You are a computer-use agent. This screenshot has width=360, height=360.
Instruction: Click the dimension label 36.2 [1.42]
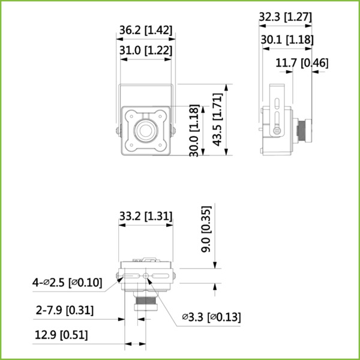click(146, 29)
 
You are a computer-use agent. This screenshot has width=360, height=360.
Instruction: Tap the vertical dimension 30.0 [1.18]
click(194, 131)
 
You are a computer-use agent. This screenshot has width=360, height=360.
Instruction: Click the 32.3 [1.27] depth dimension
click(285, 17)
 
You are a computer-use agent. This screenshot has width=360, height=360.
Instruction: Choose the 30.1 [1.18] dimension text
click(286, 40)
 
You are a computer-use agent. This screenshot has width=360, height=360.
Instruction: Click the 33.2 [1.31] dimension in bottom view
click(146, 215)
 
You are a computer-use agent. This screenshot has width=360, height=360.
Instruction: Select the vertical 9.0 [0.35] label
click(206, 236)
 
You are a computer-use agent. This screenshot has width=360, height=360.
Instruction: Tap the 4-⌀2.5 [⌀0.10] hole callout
click(68, 282)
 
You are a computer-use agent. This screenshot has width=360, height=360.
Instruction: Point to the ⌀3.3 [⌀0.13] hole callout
click(211, 316)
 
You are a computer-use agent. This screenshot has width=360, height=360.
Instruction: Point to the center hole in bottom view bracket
click(146, 276)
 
